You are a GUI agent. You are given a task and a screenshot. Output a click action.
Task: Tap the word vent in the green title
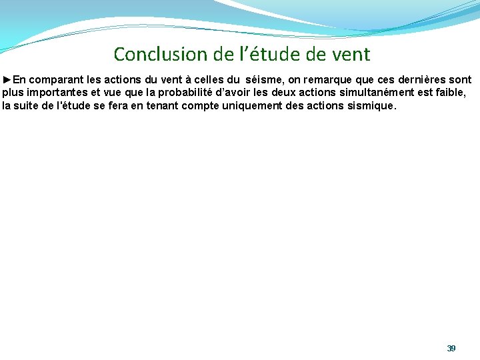[349, 53]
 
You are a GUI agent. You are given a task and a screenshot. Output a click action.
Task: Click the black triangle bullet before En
[7, 79]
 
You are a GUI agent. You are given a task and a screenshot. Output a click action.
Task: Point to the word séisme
[264, 79]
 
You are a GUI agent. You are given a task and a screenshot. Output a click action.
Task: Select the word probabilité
[184, 92]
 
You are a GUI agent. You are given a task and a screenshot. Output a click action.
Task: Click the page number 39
[451, 349]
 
